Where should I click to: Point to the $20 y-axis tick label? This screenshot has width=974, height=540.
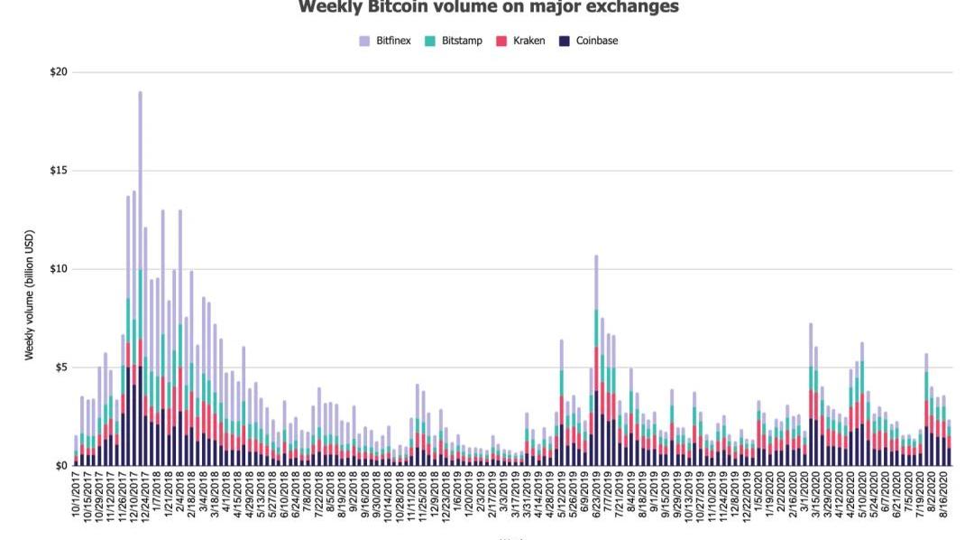click(x=60, y=72)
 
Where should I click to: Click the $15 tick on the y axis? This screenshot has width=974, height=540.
click(x=60, y=171)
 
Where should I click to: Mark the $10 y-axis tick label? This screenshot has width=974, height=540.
click(x=60, y=269)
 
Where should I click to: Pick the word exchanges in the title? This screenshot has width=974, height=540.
click(x=631, y=8)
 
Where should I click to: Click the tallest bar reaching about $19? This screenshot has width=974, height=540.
click(x=140, y=271)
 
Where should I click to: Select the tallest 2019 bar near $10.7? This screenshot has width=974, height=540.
click(x=596, y=361)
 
